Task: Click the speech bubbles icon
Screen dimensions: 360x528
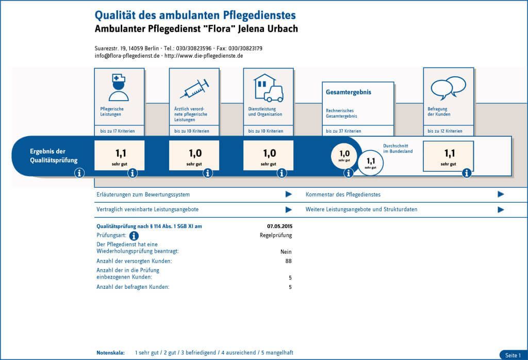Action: tap(448, 87)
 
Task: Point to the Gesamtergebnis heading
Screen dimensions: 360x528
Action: tap(349, 92)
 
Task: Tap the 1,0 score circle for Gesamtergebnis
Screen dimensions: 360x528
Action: tap(344, 155)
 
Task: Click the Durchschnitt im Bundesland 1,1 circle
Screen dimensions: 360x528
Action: tap(371, 162)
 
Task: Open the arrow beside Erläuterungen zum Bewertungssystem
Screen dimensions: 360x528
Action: tap(289, 194)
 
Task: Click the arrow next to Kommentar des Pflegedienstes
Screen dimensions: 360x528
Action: tap(500, 194)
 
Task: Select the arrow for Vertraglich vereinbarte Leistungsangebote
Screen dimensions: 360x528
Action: tap(289, 209)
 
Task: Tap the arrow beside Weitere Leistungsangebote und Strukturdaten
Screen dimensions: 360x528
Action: tap(500, 209)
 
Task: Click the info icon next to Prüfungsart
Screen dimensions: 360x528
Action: tap(134, 236)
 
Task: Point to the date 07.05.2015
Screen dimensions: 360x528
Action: tap(279, 226)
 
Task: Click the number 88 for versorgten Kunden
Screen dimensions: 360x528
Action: tap(288, 261)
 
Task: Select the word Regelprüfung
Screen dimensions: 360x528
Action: tap(275, 235)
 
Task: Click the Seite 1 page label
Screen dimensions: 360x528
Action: tap(513, 355)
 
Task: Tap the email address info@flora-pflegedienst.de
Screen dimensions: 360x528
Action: tap(127, 56)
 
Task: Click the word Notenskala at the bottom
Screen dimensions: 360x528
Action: tap(110, 353)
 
